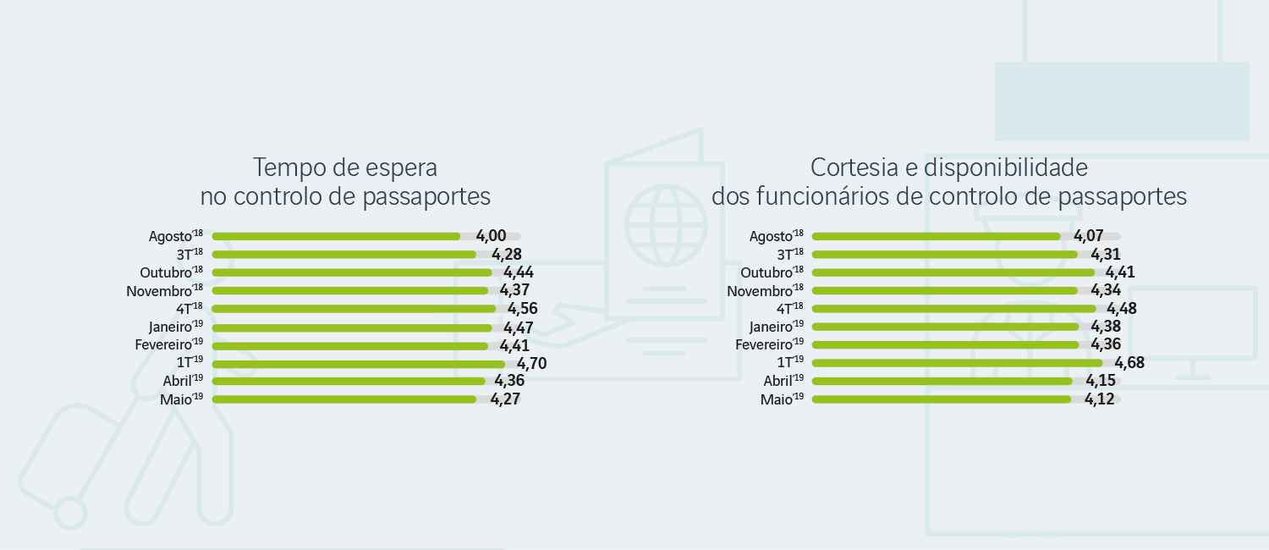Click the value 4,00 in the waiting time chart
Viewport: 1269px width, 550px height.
[x=491, y=236]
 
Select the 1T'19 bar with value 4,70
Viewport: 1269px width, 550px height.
[x=359, y=364]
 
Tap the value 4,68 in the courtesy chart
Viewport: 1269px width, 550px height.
[x=1129, y=363]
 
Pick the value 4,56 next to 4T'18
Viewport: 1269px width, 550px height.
[x=522, y=309]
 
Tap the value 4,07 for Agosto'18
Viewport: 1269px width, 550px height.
[x=1089, y=236]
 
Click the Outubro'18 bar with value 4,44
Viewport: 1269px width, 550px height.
[x=352, y=272]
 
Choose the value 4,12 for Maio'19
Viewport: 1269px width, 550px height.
[x=1100, y=399]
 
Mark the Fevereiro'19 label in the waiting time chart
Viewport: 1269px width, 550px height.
[x=169, y=345]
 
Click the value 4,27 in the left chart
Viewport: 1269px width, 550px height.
[x=504, y=399]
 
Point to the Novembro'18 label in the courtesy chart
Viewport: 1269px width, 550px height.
[x=765, y=291]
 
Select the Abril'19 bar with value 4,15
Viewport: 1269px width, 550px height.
[x=942, y=381]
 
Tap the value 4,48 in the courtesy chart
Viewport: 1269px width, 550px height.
[x=1122, y=309]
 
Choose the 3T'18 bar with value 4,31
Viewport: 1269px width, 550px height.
[x=944, y=254]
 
